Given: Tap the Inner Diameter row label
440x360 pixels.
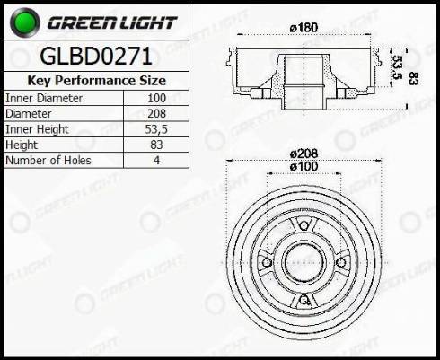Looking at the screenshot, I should [x=44, y=97].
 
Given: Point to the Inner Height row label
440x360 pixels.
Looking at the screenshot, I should [x=37, y=129].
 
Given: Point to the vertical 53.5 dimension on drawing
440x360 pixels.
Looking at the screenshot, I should [x=395, y=67].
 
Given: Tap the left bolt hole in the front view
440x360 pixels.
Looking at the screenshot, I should [x=264, y=261].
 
